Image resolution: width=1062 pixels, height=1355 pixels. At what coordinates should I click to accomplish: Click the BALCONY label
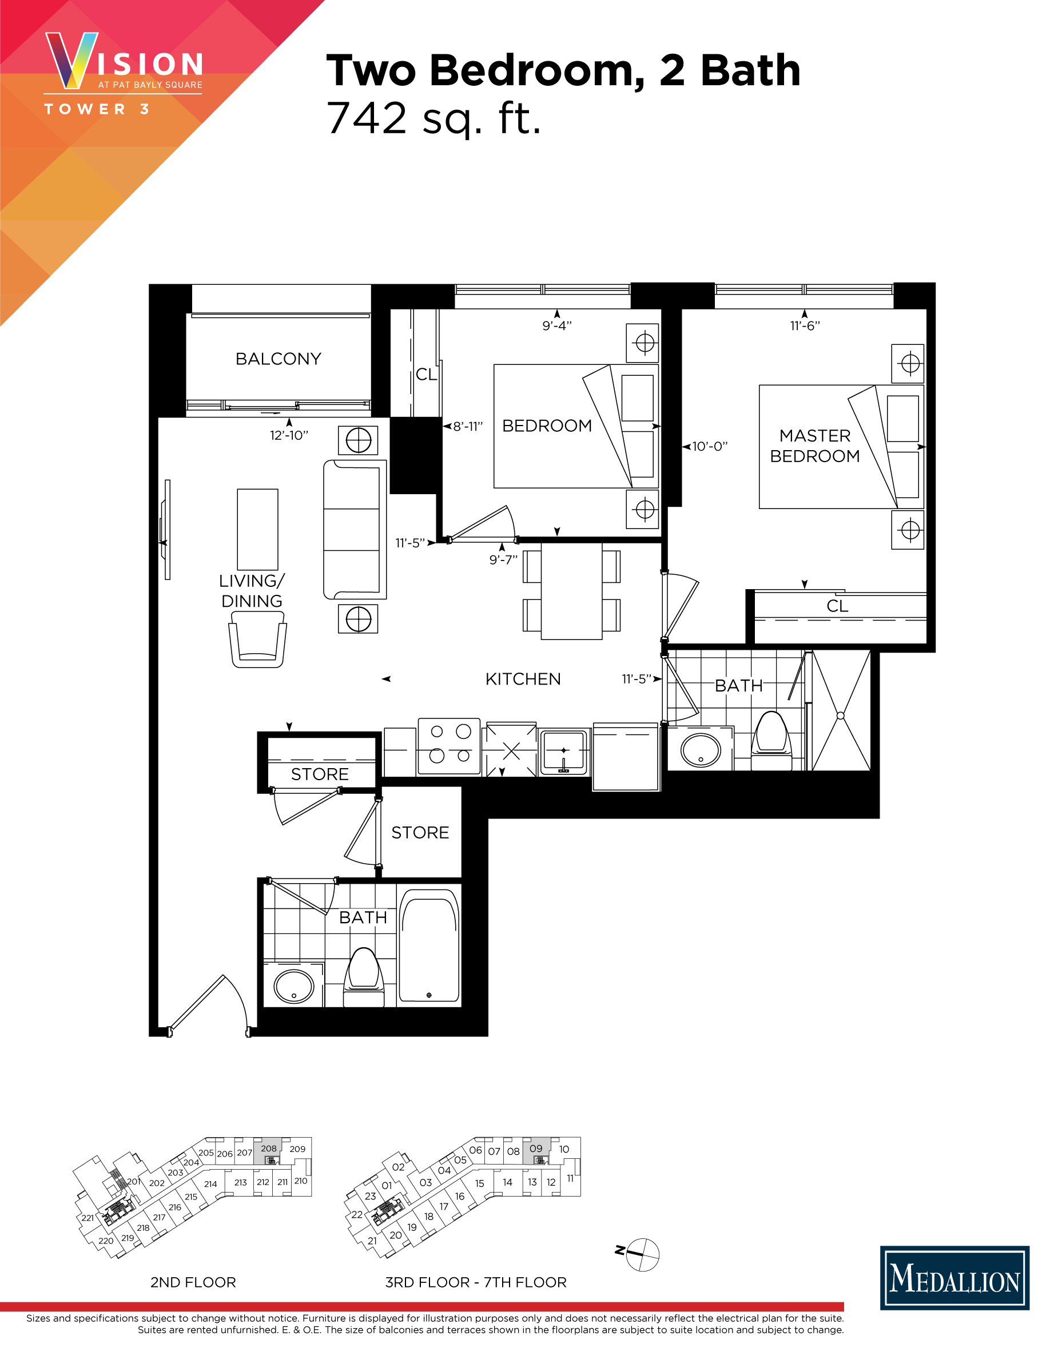click(278, 359)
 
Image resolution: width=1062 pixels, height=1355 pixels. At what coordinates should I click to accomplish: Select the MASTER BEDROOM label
click(814, 446)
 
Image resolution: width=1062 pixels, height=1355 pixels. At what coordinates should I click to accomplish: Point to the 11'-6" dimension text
click(805, 326)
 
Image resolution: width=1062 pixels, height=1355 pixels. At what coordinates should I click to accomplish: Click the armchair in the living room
click(257, 639)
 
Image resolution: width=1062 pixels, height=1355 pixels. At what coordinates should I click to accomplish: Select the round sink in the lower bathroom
click(293, 986)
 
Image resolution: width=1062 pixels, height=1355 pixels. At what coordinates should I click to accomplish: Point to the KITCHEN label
click(523, 679)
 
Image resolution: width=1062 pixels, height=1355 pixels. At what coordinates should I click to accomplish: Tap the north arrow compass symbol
click(642, 1255)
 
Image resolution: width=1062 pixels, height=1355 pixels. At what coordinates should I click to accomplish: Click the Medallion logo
click(954, 1277)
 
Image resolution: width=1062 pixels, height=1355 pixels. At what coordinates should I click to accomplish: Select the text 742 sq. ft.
click(433, 118)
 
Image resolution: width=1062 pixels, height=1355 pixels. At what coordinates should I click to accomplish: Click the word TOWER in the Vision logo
click(85, 109)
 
